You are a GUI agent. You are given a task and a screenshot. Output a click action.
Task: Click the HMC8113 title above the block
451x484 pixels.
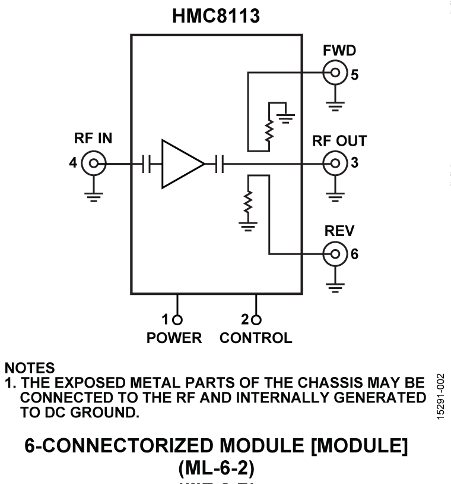[x=215, y=16]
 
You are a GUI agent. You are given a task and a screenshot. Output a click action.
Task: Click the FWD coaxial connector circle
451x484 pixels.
[x=335, y=74]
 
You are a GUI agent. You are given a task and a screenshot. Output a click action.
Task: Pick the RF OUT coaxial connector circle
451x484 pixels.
[x=335, y=162]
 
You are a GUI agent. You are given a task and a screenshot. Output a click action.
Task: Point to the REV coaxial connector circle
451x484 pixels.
[x=335, y=254]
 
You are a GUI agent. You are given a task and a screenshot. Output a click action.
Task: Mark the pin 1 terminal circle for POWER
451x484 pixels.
[x=177, y=319]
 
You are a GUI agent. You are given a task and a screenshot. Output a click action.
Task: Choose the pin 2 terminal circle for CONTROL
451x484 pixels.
[x=256, y=319]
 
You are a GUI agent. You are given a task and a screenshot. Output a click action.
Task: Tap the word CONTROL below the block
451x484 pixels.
[x=256, y=338]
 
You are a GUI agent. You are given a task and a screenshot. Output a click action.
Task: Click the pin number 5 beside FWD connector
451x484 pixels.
[x=355, y=75]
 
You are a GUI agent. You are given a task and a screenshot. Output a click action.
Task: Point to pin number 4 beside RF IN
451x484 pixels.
[x=73, y=162]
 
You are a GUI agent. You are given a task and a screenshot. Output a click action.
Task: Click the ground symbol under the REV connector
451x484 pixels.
[x=335, y=287]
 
